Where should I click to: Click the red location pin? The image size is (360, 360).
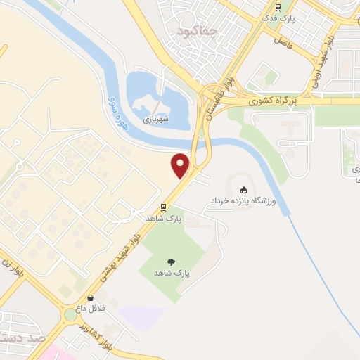coord(181,165)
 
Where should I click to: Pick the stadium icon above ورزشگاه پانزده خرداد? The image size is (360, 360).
coord(244,189)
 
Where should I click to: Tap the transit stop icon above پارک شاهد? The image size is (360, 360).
coord(163,207)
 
